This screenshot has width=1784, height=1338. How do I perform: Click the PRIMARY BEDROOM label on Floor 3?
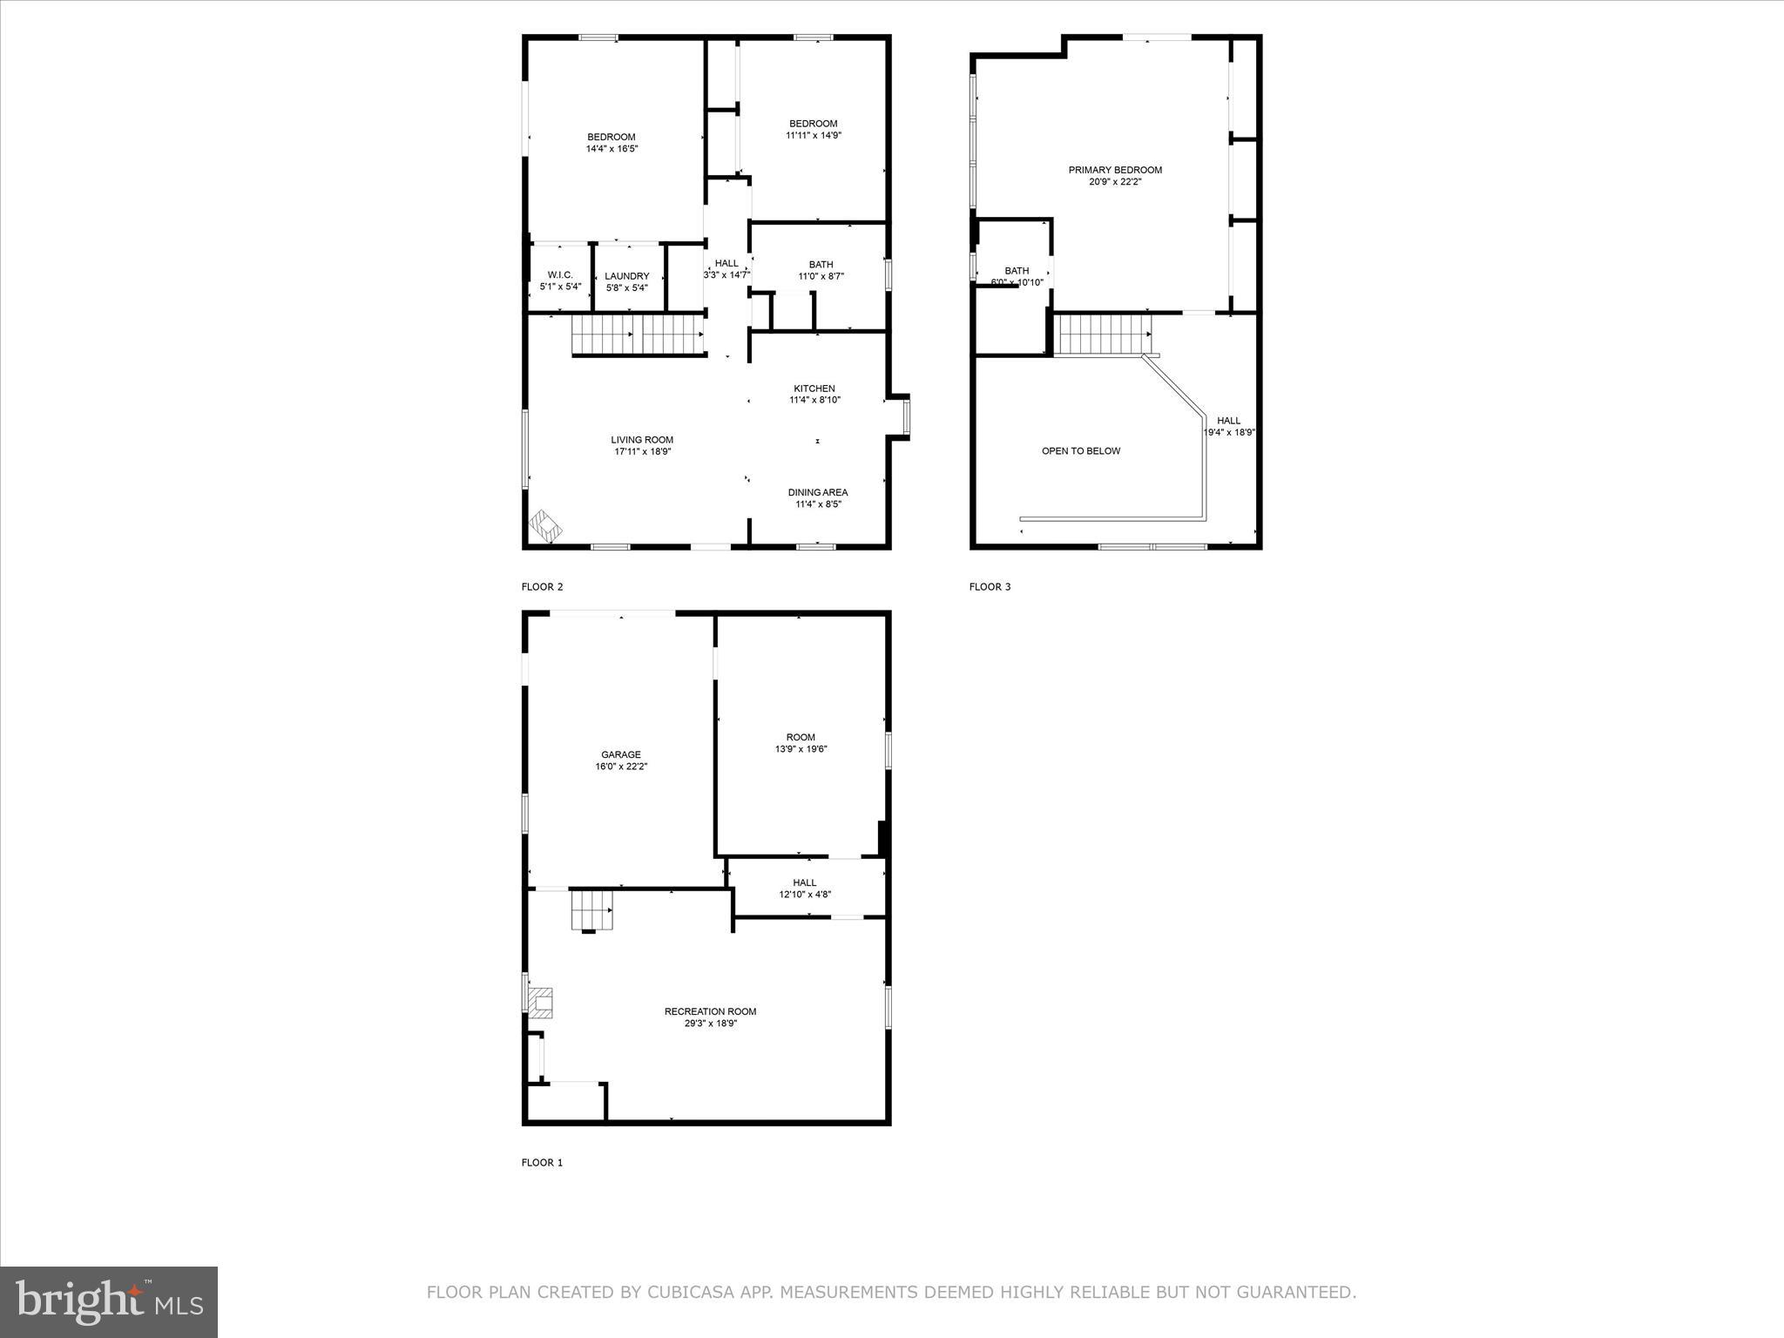click(x=1115, y=170)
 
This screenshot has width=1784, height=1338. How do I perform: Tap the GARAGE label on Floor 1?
click(x=620, y=754)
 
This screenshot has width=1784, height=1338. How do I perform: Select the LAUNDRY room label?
click(x=627, y=276)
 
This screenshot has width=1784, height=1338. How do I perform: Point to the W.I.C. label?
click(x=560, y=274)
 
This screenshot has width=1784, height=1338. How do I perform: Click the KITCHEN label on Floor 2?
click(x=814, y=389)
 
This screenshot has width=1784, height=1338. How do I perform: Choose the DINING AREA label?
click(x=817, y=492)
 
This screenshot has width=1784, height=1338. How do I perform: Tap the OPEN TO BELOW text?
click(x=1081, y=451)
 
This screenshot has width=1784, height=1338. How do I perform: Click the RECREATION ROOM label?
click(x=710, y=1011)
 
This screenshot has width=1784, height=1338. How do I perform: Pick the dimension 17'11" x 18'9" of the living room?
click(x=642, y=452)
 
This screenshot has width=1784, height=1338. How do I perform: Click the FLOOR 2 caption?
click(x=542, y=587)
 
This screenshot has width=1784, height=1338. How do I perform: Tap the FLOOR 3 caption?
click(x=990, y=587)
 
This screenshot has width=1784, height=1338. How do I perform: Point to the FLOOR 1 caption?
click(x=542, y=1162)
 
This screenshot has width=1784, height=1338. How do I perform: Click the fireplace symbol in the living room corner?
click(x=546, y=526)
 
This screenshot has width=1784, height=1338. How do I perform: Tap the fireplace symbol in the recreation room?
click(x=542, y=1003)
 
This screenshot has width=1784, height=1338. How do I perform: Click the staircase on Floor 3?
click(x=1103, y=334)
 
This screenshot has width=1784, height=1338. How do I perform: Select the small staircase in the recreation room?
click(x=591, y=909)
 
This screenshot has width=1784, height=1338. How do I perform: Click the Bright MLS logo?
click(x=109, y=1301)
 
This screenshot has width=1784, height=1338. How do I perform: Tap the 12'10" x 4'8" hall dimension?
click(x=804, y=895)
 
